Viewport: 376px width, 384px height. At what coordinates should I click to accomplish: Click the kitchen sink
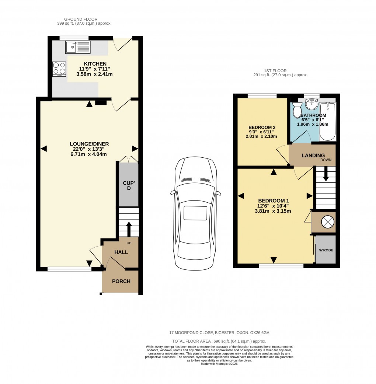point(77,47)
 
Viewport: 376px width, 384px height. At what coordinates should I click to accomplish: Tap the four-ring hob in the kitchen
point(59,68)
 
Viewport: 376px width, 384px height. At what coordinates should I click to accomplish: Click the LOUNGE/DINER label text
point(90,144)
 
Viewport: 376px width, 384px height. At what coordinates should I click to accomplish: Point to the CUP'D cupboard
point(128,185)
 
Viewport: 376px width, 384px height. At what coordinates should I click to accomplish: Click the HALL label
point(121,252)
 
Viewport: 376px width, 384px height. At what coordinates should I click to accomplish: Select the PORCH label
point(121,281)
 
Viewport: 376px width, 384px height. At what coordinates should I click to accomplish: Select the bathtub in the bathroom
point(327,121)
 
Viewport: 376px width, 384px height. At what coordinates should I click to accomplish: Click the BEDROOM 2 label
point(262,128)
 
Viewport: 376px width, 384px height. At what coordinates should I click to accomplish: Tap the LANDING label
point(313,156)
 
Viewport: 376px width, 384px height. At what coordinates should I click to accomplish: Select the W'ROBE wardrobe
point(325,250)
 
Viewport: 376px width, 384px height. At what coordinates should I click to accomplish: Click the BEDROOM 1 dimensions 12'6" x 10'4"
point(274,206)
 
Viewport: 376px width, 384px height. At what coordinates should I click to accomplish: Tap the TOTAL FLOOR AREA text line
point(219,341)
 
